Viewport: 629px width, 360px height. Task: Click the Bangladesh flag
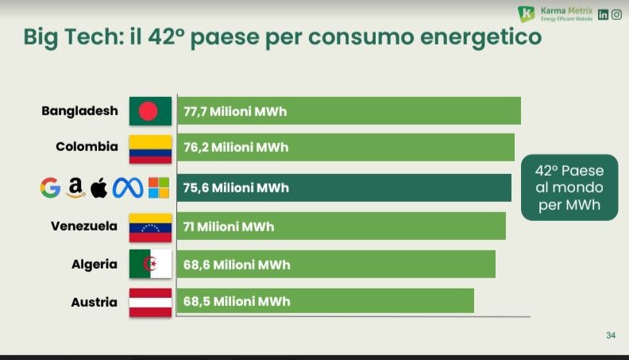(150, 110)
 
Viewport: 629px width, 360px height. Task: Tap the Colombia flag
(150, 149)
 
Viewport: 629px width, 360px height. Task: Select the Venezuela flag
(150, 227)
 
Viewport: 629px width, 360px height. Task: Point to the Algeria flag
(150, 264)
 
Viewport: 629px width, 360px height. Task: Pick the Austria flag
(150, 302)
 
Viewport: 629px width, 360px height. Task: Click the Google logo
(50, 188)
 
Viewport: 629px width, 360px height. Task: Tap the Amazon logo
(75, 188)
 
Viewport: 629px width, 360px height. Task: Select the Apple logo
(99, 188)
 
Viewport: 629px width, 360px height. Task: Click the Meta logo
(128, 188)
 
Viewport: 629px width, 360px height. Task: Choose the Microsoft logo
(159, 188)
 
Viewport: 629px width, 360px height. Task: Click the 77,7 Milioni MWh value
(235, 111)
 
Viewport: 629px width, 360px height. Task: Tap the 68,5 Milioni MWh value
(237, 302)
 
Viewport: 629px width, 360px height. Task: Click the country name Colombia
(87, 147)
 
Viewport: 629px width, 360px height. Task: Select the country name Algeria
(95, 264)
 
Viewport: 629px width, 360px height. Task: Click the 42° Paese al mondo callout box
(569, 188)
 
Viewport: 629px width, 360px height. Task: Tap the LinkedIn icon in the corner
(603, 14)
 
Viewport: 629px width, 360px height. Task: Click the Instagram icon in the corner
(616, 14)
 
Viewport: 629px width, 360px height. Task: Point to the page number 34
(610, 335)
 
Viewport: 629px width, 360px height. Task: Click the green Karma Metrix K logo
(526, 14)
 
